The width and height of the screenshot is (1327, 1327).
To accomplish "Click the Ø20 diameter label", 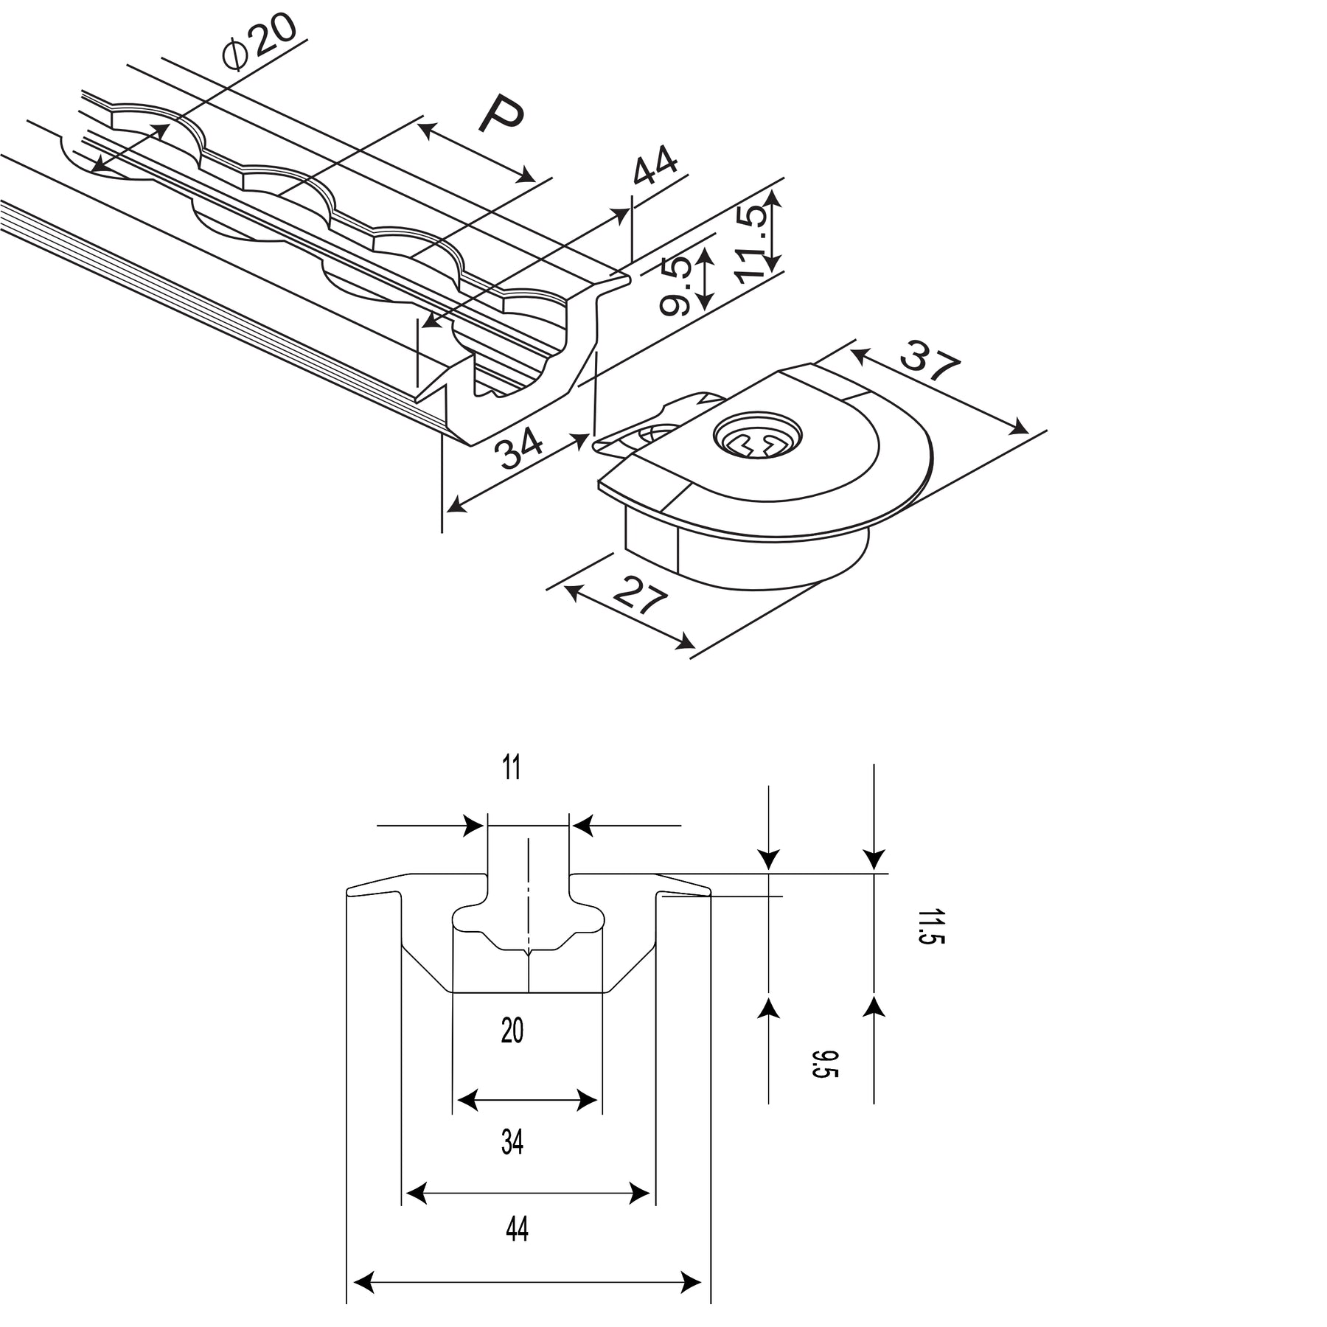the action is click(260, 41).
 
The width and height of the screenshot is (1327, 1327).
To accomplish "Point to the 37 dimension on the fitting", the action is click(930, 361).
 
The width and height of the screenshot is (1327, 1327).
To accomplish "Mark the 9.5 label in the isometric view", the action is click(676, 286).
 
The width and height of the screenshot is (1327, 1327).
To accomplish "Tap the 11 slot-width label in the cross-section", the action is click(512, 769).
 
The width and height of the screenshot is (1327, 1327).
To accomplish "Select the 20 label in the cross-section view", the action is click(512, 1031).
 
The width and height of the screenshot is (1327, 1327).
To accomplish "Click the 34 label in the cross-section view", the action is click(512, 1142).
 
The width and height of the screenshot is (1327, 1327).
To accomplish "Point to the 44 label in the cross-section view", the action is click(517, 1229).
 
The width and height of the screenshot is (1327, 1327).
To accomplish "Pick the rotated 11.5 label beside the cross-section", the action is click(930, 926).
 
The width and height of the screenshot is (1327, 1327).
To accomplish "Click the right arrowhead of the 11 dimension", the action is click(582, 826).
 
